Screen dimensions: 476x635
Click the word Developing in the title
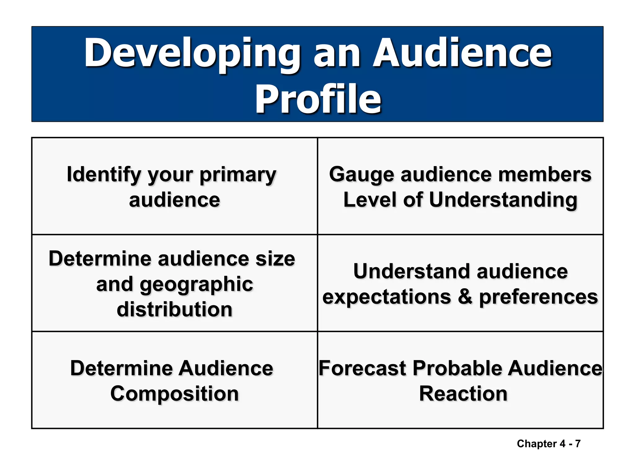(x=192, y=53)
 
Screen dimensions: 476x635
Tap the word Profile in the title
(x=318, y=99)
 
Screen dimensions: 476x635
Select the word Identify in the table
(x=104, y=175)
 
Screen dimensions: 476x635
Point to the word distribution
(x=175, y=310)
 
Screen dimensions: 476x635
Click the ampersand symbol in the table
(x=465, y=297)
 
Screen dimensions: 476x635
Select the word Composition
(x=175, y=394)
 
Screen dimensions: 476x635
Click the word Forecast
(x=362, y=368)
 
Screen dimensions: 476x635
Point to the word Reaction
(x=463, y=394)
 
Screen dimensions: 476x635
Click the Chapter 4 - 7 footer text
(x=548, y=444)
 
